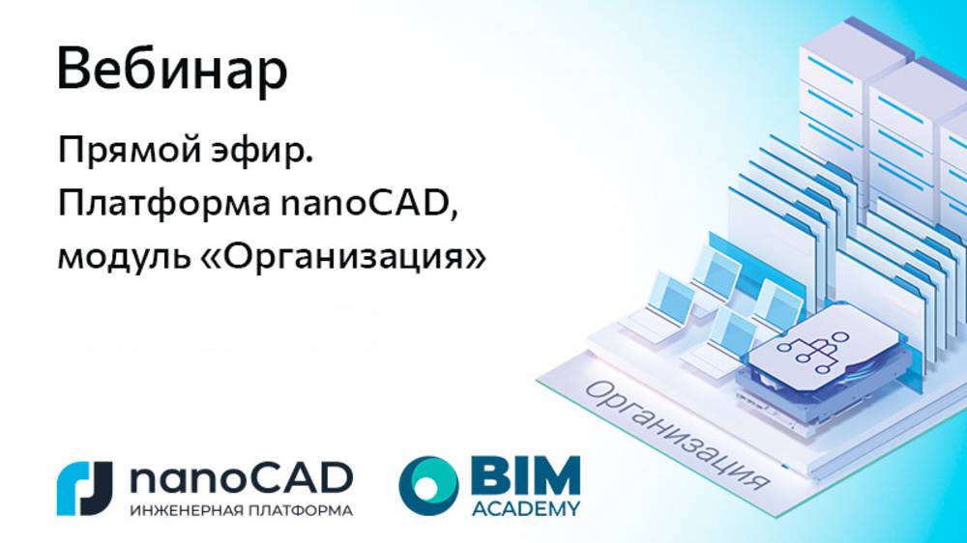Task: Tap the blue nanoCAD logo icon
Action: (86, 488)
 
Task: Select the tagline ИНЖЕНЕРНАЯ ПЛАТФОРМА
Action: (241, 509)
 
